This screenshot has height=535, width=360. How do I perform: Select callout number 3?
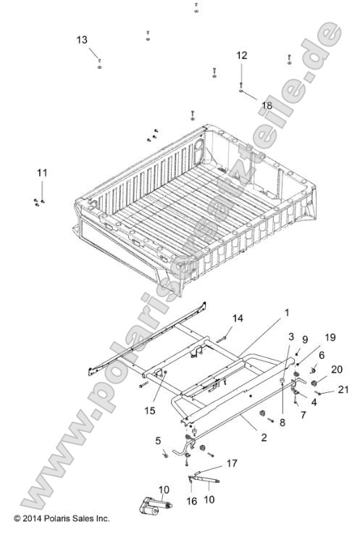tap(290, 337)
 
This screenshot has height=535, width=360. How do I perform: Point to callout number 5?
tap(158, 440)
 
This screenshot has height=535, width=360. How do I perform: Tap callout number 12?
tap(241, 55)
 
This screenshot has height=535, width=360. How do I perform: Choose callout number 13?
tap(81, 39)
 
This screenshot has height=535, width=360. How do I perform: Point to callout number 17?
tap(233, 462)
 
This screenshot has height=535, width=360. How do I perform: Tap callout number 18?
tap(267, 104)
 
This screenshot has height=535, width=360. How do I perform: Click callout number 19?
tap(330, 336)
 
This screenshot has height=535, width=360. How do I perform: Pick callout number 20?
tap(336, 369)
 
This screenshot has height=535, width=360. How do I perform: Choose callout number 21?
tap(343, 389)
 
